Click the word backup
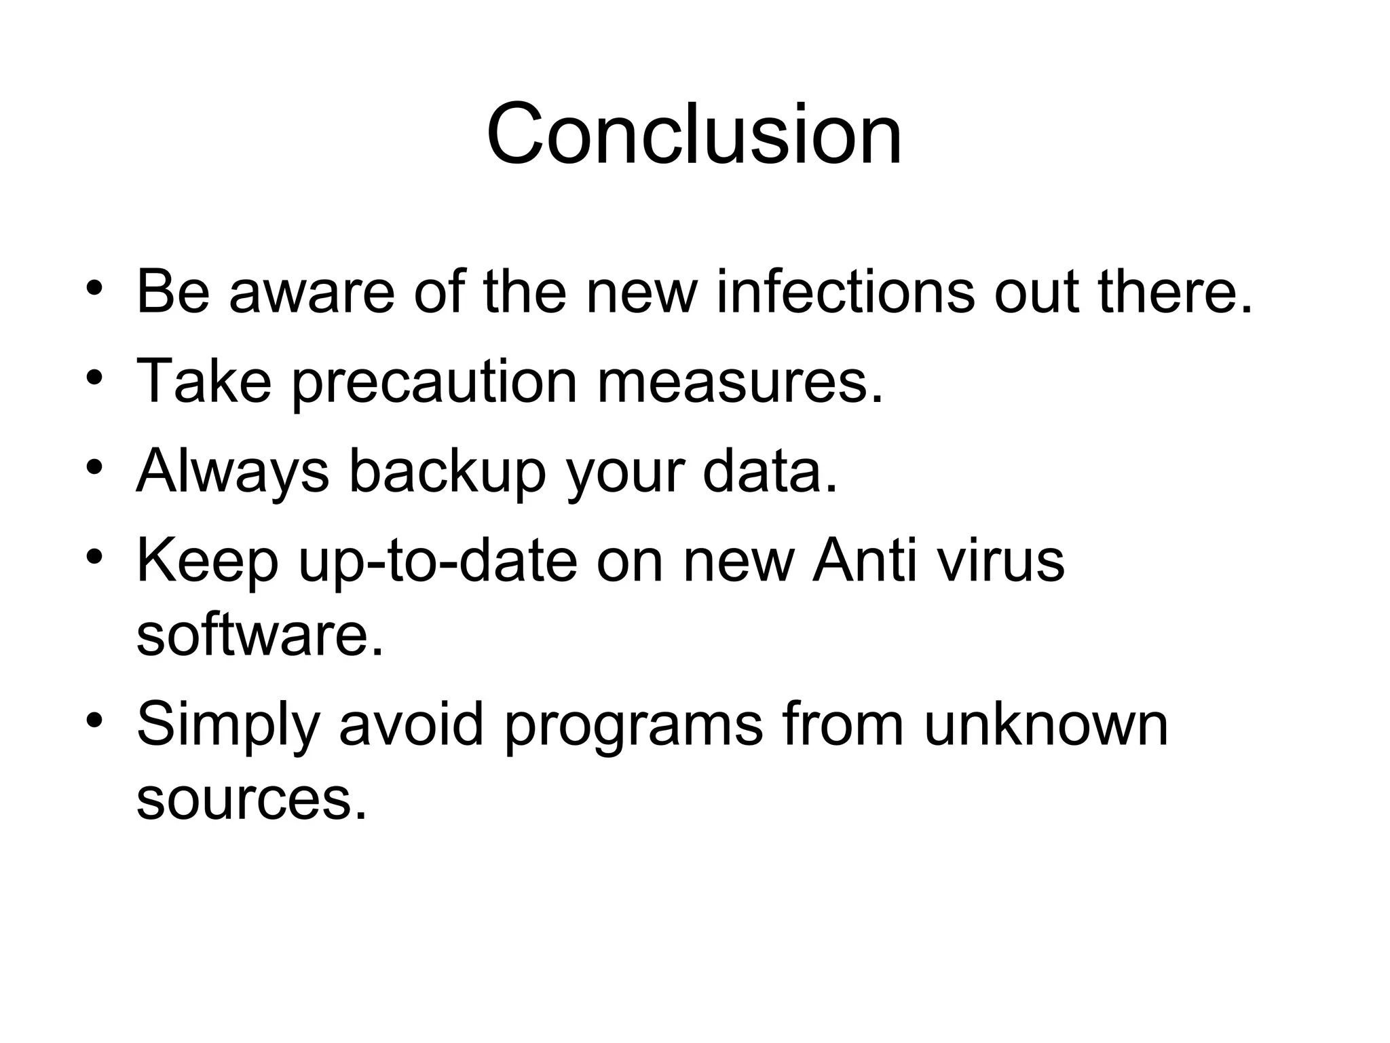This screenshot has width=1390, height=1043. point(447,471)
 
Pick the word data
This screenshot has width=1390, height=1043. point(770,471)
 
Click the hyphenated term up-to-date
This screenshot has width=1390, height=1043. point(437,562)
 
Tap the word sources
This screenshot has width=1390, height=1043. point(251,799)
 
